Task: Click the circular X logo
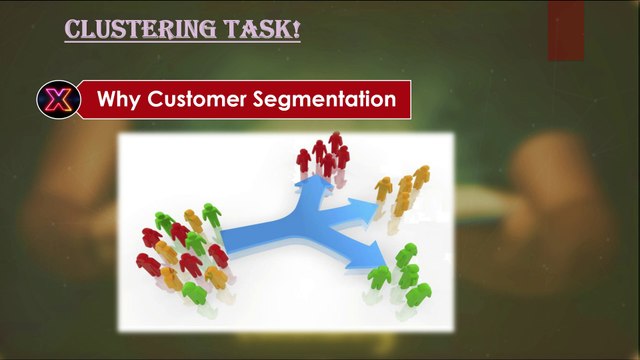(x=56, y=99)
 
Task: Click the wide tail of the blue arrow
(x=232, y=238)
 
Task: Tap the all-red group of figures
(x=323, y=158)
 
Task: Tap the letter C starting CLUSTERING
(x=72, y=30)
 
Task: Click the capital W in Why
(x=106, y=100)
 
